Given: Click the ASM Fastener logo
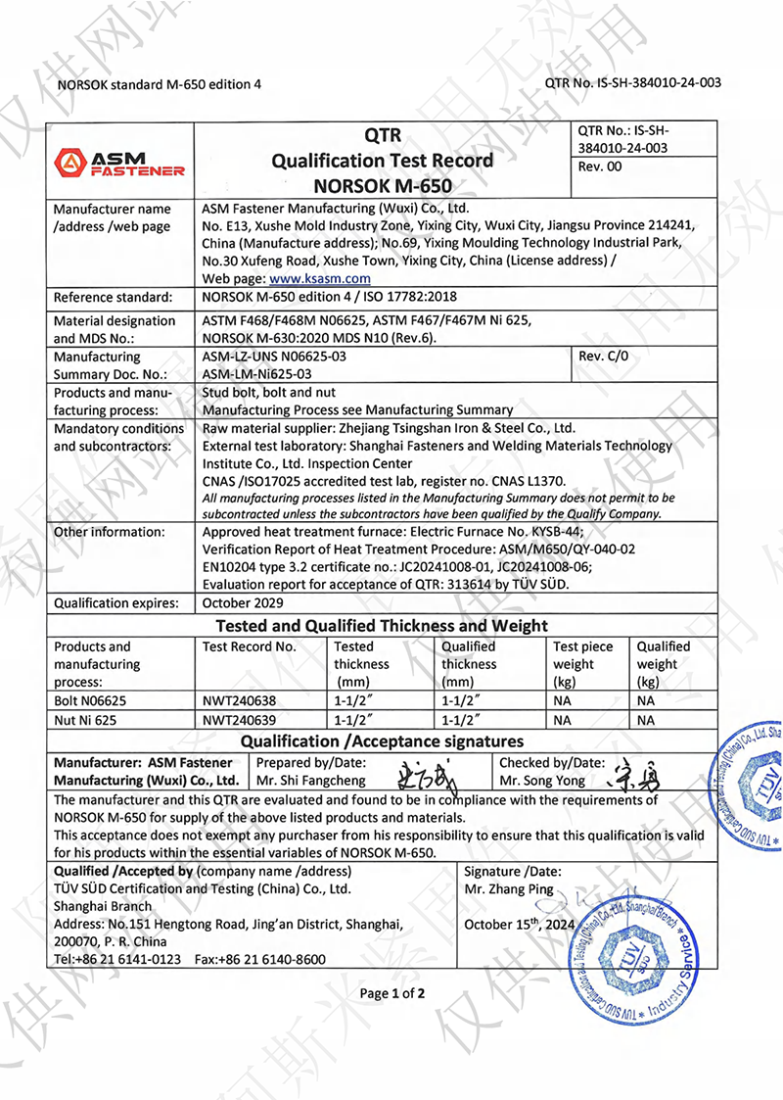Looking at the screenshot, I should [120, 163].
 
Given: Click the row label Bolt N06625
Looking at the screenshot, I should [90, 700].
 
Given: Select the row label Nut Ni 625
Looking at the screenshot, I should [84, 720].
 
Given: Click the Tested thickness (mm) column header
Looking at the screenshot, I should [361, 664].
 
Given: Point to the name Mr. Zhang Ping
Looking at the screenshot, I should [509, 889].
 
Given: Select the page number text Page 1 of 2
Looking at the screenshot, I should [392, 994].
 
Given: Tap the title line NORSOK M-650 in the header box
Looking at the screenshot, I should [383, 184].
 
